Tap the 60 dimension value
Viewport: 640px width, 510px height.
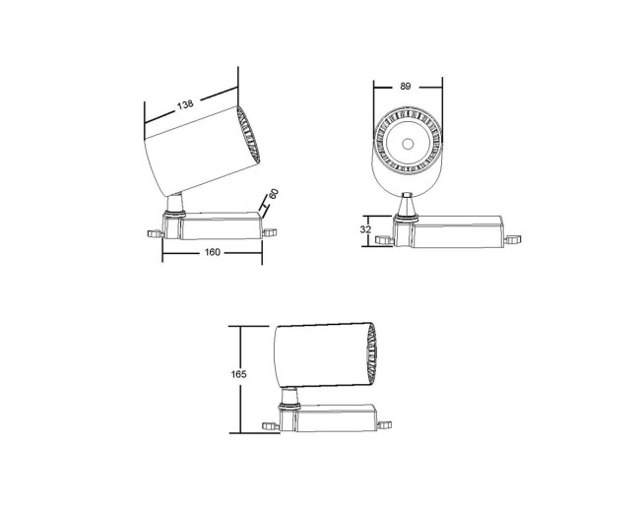274,197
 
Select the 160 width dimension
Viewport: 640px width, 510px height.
212,252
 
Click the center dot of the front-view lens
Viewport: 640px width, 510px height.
406,144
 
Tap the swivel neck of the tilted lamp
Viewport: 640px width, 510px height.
175,206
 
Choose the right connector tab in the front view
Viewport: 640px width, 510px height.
512,238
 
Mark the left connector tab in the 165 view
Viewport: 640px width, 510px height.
269,424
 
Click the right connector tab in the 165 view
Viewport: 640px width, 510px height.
386,423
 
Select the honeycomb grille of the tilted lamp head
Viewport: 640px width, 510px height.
249,136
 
